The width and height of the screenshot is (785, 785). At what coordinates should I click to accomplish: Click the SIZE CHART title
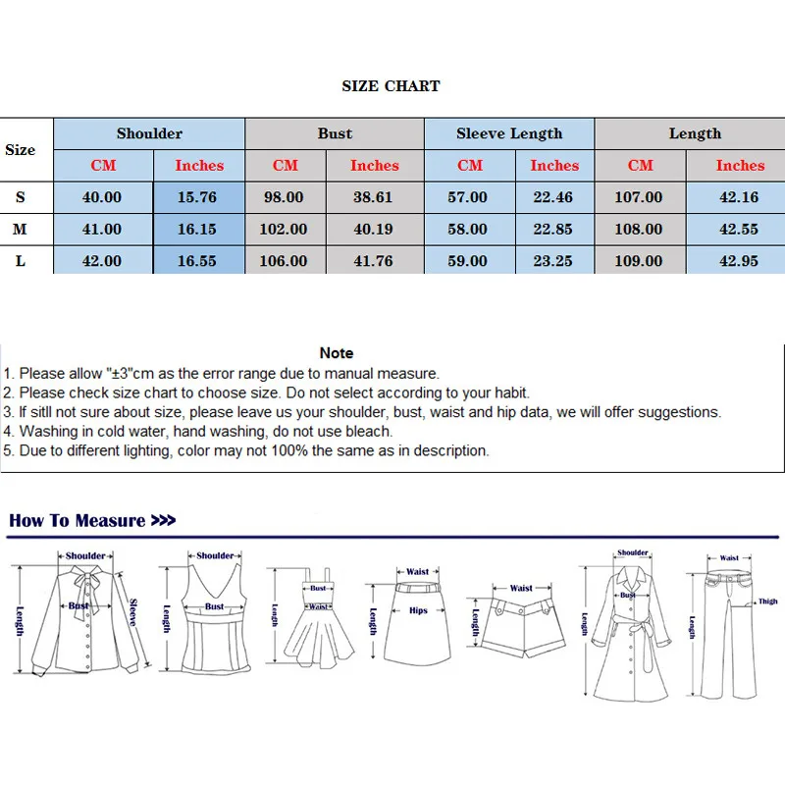[x=391, y=86]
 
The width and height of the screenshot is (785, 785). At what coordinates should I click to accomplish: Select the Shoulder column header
[x=149, y=133]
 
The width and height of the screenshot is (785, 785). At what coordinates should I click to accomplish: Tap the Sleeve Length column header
[x=509, y=133]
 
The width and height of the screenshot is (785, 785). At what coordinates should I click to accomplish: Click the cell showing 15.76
[x=197, y=197]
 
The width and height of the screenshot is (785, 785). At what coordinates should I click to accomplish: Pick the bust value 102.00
[x=284, y=230]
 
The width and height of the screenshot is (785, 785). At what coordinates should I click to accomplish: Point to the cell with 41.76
[x=374, y=261]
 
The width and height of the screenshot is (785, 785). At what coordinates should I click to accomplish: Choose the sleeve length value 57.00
[x=468, y=197]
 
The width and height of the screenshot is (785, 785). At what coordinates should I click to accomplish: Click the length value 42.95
[x=739, y=261]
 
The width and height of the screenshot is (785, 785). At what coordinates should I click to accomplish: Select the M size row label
[x=20, y=230]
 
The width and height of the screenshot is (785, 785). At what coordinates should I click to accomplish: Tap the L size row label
[x=20, y=261]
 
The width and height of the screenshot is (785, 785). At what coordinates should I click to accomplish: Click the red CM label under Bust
[x=286, y=165]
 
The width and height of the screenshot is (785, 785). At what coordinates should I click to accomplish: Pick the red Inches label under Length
[x=741, y=165]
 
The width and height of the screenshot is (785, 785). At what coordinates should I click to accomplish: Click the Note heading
[x=337, y=353]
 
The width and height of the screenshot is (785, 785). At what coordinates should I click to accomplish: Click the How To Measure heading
[x=92, y=521]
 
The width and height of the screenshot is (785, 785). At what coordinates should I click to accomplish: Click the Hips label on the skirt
[x=418, y=610]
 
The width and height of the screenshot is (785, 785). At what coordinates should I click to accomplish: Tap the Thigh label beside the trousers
[x=768, y=602]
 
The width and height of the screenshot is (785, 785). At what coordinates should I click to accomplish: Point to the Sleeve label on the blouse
[x=132, y=612]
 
